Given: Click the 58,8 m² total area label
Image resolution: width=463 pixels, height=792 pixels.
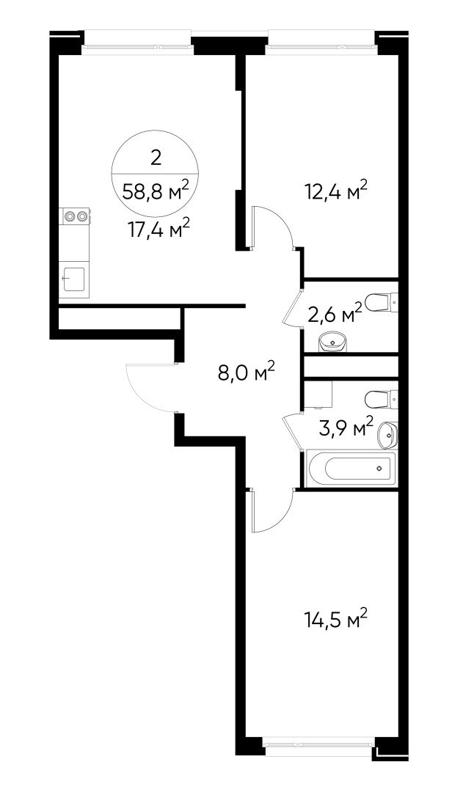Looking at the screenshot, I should click(x=156, y=193).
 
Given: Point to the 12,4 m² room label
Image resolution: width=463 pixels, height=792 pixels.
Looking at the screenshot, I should click(x=335, y=192).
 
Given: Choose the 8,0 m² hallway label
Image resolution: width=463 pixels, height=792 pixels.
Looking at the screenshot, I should click(x=246, y=373).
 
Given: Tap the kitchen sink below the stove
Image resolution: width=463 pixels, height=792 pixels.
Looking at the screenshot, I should click(x=74, y=279).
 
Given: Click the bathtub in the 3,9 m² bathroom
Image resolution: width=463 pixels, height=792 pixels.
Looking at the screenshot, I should click(x=351, y=468).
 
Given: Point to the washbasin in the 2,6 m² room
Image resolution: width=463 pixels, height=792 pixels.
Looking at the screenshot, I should click(x=333, y=341).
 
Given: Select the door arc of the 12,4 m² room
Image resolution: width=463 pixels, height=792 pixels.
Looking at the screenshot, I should click(x=274, y=224).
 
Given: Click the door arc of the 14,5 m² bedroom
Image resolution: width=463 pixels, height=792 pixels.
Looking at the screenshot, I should click(x=271, y=513).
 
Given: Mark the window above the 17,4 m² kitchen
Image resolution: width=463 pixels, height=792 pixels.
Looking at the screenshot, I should click(x=138, y=41).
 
